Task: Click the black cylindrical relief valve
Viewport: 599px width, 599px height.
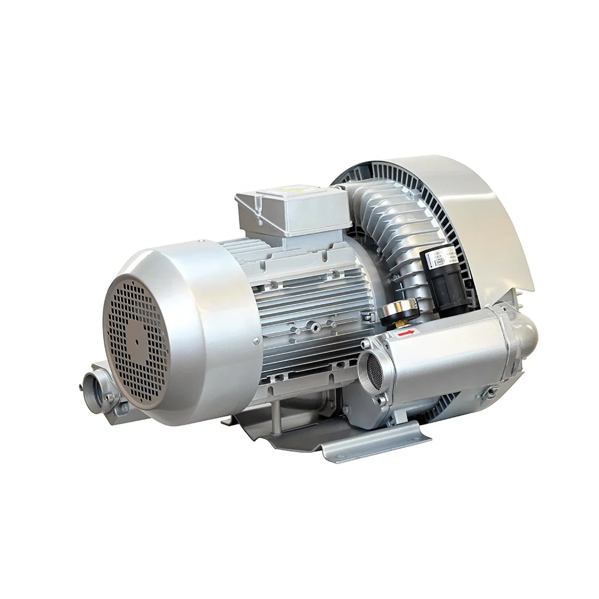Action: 449,282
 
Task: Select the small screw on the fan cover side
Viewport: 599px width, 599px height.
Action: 256,341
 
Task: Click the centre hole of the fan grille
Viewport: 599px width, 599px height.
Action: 137,340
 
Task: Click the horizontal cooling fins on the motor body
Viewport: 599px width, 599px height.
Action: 311,311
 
